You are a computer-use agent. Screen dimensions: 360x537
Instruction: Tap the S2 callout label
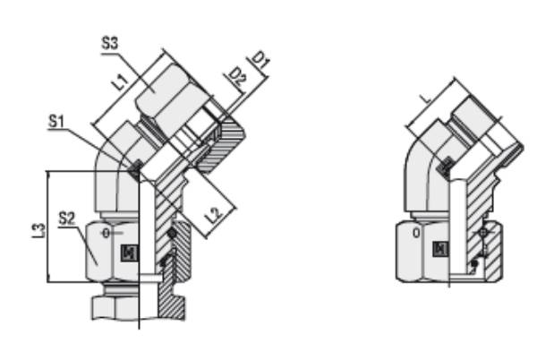coord(68,217)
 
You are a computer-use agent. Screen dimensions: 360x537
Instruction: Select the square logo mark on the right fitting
coord(438,250)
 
